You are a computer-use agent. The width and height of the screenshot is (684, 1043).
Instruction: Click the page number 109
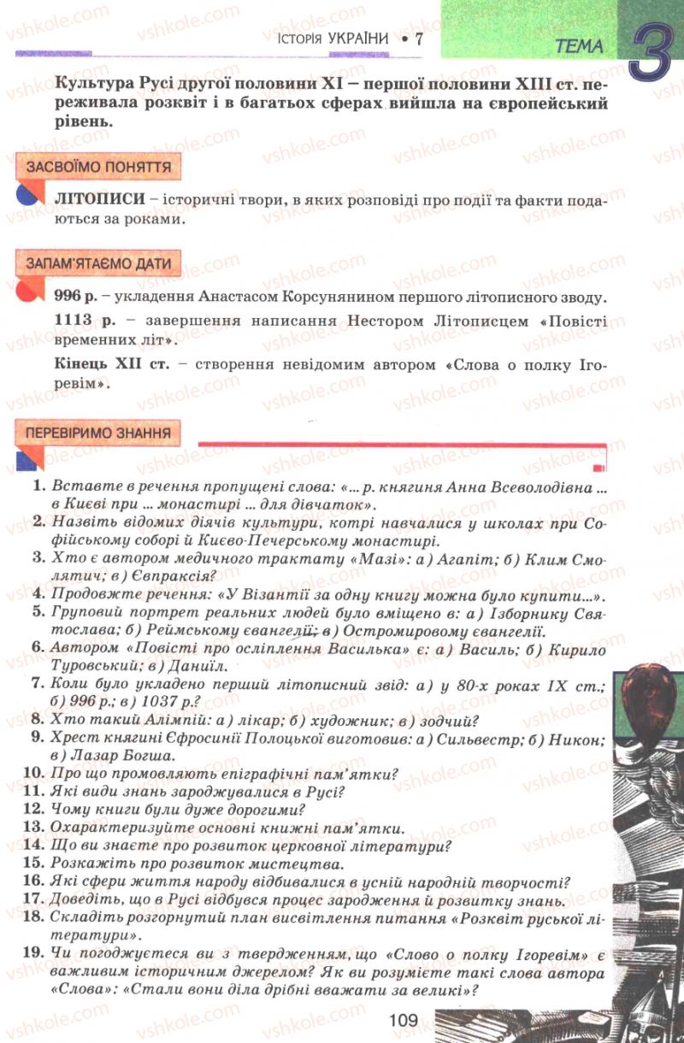(401, 1019)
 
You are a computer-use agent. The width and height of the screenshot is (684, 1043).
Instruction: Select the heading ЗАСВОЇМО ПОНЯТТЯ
(98, 167)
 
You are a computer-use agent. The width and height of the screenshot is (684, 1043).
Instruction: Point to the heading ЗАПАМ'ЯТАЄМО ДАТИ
(98, 263)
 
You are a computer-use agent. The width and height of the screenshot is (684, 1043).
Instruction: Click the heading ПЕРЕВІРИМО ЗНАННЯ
(98, 433)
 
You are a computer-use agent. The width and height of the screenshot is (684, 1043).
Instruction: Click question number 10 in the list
(34, 775)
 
